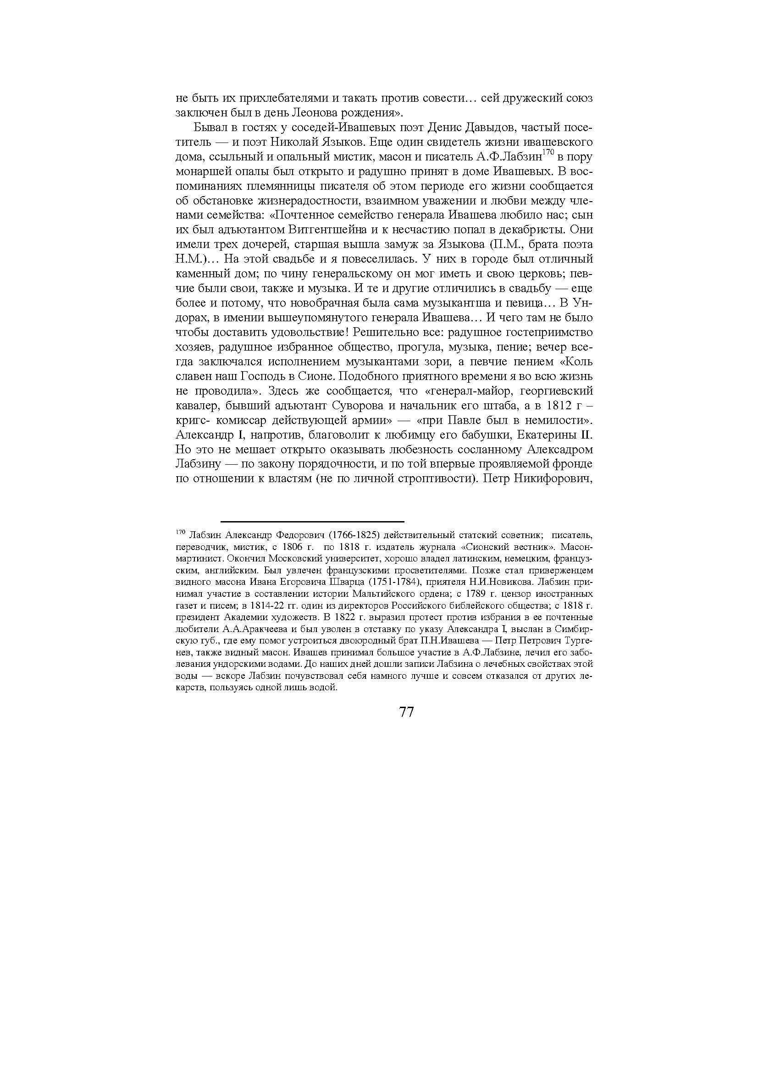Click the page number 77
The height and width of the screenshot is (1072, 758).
pos(406,712)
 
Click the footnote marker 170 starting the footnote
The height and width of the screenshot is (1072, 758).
pos(181,532)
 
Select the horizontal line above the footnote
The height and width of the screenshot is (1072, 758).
pos(312,521)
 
